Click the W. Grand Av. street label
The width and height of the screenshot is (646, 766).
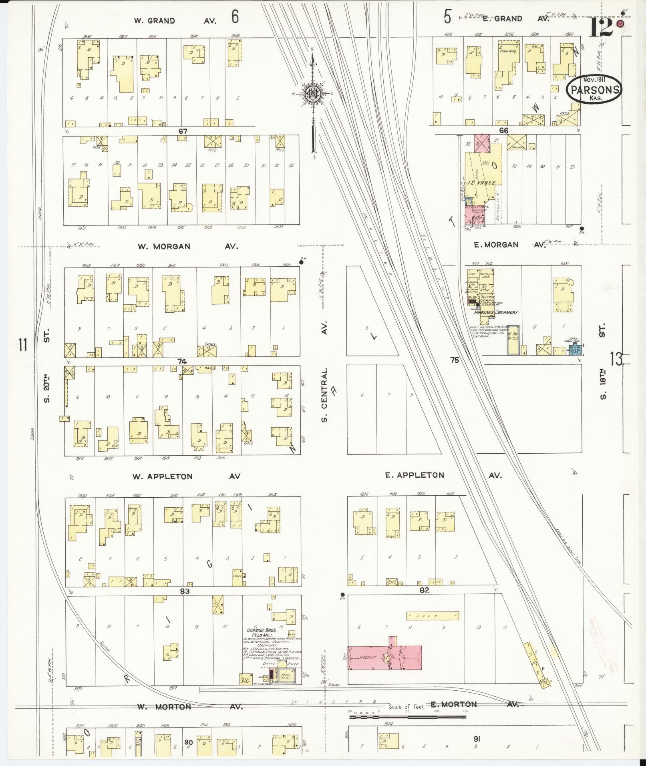[176, 20]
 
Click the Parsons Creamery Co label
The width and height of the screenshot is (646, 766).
[496, 314]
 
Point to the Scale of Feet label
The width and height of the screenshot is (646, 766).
[406, 707]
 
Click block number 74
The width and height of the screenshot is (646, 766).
[182, 361]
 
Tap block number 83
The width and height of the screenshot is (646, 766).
[184, 591]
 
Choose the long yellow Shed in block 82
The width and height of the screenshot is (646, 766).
[433, 616]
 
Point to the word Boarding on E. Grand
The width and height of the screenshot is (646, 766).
[507, 51]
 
